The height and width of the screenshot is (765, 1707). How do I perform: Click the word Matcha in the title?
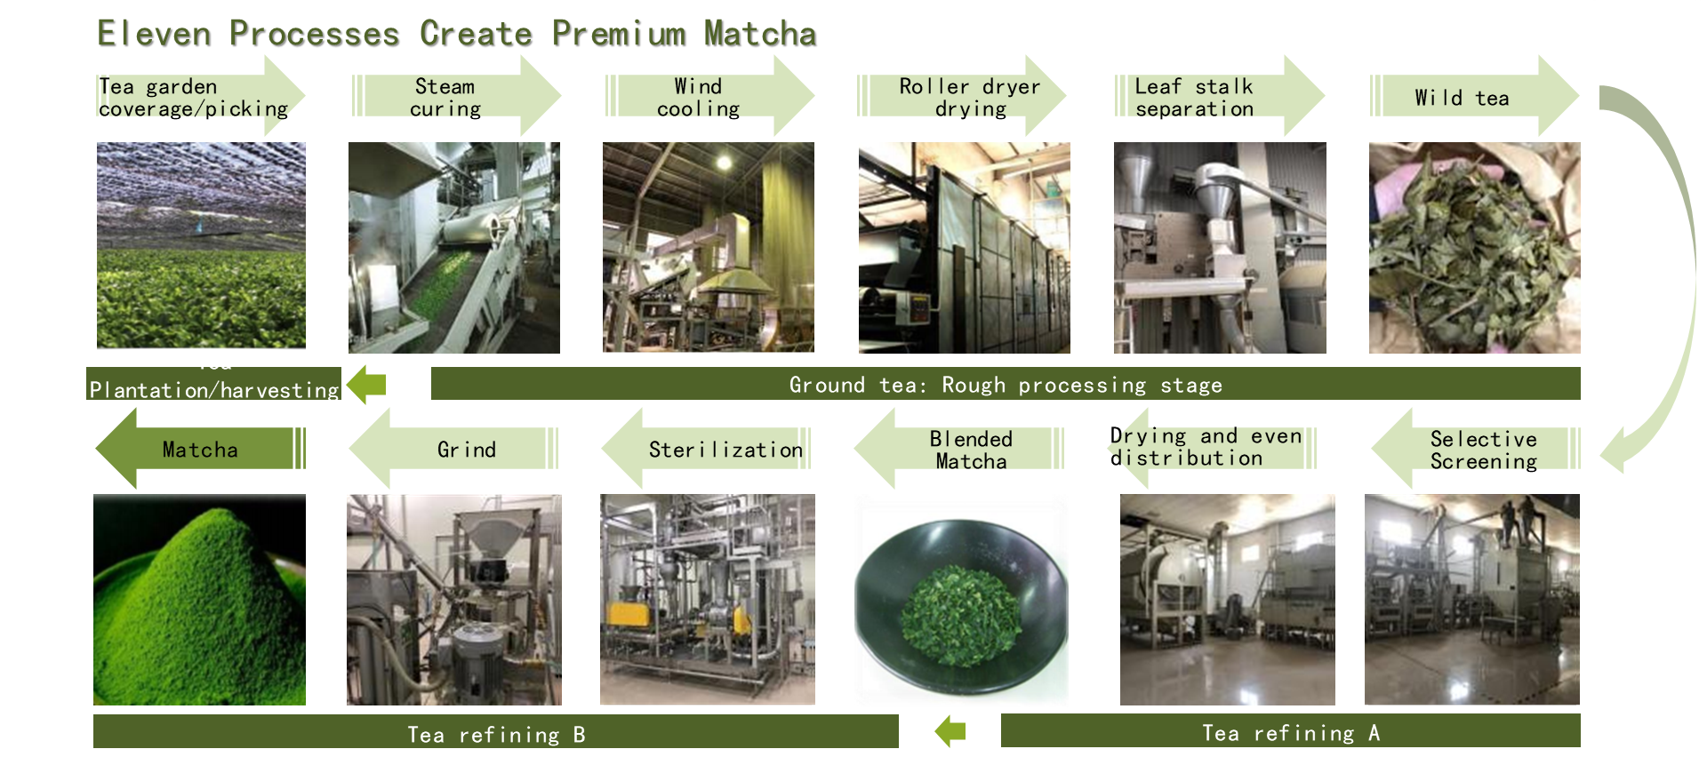[760, 34]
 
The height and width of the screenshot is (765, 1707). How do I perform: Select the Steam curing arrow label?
[445, 98]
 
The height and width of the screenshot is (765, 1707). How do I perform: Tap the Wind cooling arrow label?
[699, 98]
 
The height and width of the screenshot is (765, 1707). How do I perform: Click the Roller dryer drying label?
[969, 98]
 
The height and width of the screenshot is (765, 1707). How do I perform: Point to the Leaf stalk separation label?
[1194, 98]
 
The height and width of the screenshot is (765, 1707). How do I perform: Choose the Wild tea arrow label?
[1463, 98]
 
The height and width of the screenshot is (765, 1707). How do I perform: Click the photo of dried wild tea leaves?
[1474, 248]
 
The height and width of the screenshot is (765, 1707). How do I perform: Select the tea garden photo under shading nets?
[201, 245]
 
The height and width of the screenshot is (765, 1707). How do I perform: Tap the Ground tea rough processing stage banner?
[1006, 384]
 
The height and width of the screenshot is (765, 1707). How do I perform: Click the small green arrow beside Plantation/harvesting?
[367, 385]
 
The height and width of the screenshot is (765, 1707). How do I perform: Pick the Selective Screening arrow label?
[1483, 450]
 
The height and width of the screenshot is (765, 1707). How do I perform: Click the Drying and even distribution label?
[1205, 447]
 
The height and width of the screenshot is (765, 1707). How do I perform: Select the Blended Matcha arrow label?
[971, 450]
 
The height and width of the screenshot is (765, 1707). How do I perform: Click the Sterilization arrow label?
[725, 450]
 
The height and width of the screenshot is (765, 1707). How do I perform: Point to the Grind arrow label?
[467, 450]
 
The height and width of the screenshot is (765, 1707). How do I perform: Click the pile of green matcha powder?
[199, 600]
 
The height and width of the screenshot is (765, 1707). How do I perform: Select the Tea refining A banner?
[1290, 732]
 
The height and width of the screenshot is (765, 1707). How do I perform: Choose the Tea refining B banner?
[496, 733]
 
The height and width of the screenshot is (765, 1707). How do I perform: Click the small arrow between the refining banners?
[950, 731]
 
